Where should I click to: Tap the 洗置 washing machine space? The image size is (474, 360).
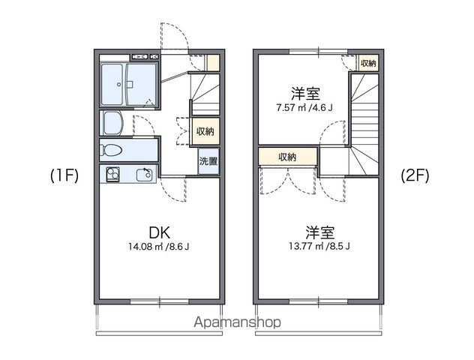pos(208,161)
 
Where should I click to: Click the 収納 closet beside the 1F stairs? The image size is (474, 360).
pos(205,131)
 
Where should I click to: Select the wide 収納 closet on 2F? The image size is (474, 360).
pos(286,157)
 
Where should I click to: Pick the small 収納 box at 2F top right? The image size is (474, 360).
pos(368,63)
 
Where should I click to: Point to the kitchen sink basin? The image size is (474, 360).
pos(143,175)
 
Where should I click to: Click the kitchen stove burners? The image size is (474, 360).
pos(112,174)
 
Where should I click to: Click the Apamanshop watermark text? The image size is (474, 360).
pos(237,322)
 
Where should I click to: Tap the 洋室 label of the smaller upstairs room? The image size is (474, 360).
pos(306,94)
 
